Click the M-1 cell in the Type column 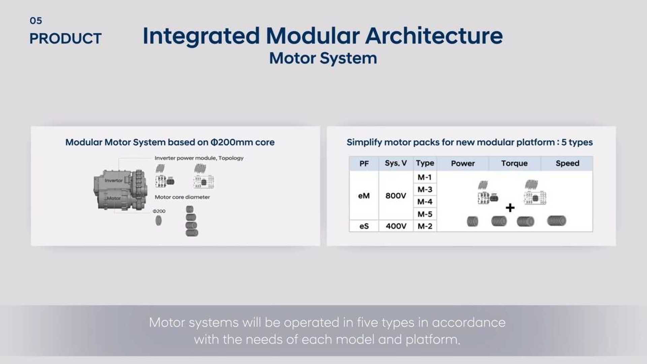425,177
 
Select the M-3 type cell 425,189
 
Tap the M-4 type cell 425,202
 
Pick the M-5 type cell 425,214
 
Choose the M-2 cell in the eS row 425,226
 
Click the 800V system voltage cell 396,196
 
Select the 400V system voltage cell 396,226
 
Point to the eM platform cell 364,196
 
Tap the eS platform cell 364,226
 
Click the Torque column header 514,163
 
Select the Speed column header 567,163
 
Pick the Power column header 463,163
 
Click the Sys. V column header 396,163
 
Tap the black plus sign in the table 510,208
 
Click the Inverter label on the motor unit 114,181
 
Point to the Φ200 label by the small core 159,211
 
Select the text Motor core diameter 182,197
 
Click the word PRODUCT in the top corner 65,39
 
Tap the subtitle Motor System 323,58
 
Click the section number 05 36,21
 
